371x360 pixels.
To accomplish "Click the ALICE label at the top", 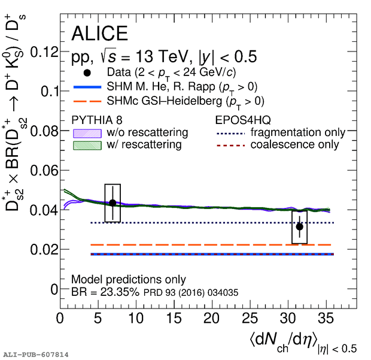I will pos(99,34).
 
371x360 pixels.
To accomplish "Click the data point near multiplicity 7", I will pos(112,202).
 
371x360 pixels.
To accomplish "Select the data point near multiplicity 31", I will pos(299,226).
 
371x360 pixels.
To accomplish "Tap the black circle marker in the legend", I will pos(88,73).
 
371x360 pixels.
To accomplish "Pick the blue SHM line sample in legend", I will pos(88,87).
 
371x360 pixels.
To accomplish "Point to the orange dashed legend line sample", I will pos(88,101).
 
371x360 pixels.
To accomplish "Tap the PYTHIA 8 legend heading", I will pos(98,119).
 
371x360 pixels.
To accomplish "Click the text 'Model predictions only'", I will pos(128,280).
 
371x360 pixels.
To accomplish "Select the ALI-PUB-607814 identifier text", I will pos(36,355).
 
